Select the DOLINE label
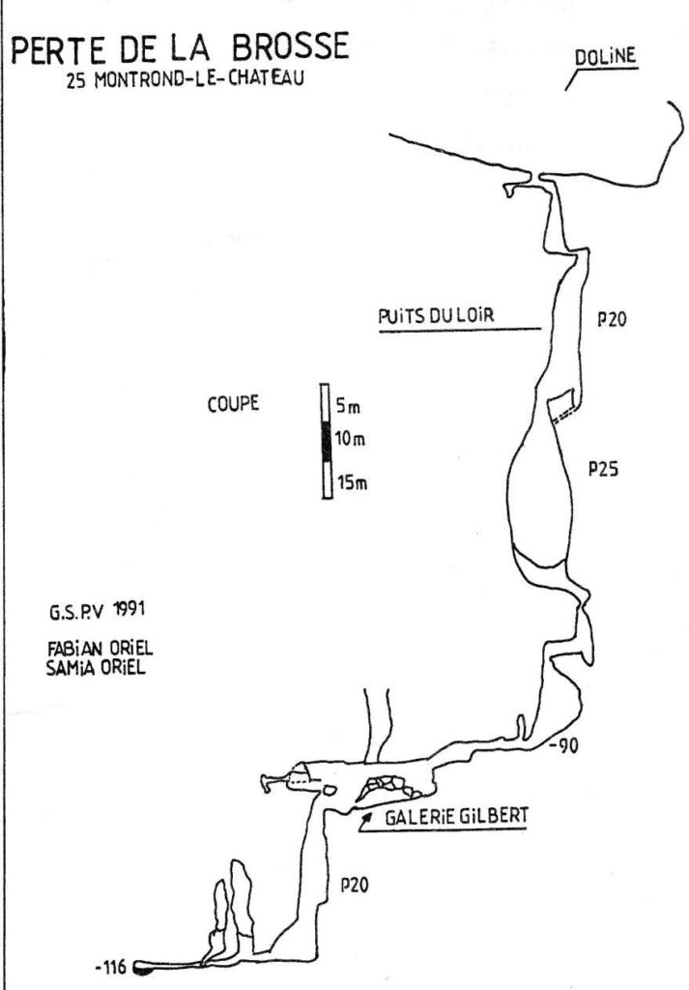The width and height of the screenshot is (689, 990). click(606, 57)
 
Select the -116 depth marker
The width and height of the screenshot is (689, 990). click(113, 965)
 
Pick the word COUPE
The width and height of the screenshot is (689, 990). click(232, 403)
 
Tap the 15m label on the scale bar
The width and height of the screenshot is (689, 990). click(351, 482)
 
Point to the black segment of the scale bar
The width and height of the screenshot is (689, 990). click(326, 442)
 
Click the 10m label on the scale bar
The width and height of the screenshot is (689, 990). click(351, 439)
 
